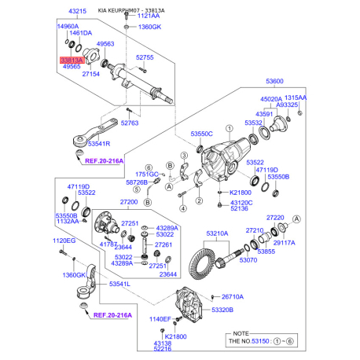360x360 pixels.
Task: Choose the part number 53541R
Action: [100, 145]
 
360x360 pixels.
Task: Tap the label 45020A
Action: [270, 98]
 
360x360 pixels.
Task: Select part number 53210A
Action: [217, 233]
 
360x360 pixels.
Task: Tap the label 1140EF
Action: [139, 319]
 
